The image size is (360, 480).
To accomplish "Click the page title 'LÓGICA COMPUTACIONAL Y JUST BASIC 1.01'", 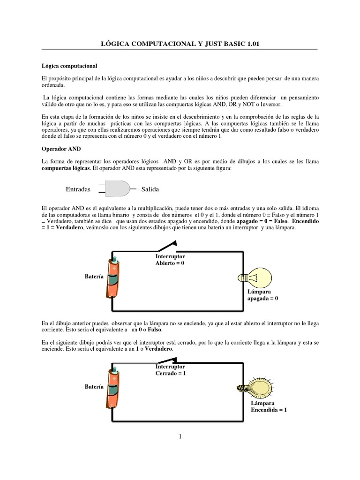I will [x=180, y=44].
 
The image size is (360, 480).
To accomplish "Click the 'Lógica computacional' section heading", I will [x=69, y=66].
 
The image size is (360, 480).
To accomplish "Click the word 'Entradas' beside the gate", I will [x=78, y=189].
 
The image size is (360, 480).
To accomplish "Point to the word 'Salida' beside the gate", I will [x=150, y=189].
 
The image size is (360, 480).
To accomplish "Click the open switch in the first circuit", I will [x=167, y=246].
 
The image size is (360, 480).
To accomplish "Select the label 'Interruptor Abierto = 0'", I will [x=170, y=260].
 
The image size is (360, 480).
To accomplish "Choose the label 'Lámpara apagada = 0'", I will [x=262, y=294].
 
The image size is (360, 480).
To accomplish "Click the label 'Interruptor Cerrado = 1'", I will [x=171, y=369].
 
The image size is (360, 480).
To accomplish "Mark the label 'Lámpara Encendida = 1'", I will [x=269, y=406].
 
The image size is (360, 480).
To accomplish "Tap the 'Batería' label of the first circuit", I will [x=94, y=277].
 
